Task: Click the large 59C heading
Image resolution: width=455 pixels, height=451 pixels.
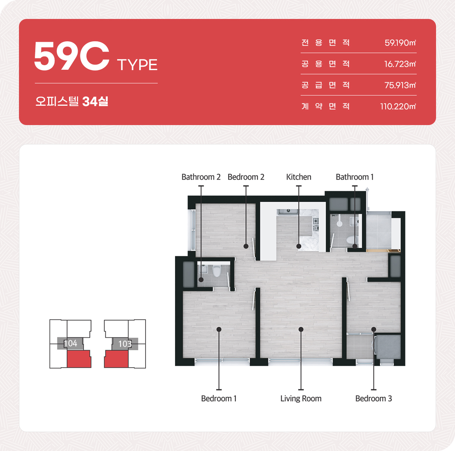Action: click(x=72, y=56)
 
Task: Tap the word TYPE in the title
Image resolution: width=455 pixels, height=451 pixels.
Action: click(x=137, y=65)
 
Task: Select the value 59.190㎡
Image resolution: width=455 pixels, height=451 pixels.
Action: click(x=400, y=43)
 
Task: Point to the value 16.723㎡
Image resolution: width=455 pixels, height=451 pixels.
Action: click(x=400, y=64)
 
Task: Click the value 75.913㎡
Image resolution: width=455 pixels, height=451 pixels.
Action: click(x=400, y=85)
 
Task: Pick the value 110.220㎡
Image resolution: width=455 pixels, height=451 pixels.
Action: click(x=398, y=106)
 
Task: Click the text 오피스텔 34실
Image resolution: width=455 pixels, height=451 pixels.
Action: click(x=72, y=101)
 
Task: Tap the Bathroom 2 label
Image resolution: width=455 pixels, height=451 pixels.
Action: click(x=201, y=177)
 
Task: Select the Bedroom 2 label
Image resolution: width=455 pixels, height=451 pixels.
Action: click(x=246, y=177)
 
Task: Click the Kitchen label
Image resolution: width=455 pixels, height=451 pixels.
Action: click(x=299, y=177)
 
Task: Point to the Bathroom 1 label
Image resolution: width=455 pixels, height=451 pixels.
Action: click(x=355, y=177)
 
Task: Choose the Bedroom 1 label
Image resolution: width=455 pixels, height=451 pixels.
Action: click(x=219, y=398)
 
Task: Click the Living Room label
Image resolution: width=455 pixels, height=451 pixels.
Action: click(x=301, y=399)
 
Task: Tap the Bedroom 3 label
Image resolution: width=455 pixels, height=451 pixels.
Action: click(x=373, y=398)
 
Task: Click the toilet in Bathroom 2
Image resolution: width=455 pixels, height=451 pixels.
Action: click(x=217, y=271)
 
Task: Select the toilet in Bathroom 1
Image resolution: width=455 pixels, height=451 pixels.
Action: click(x=352, y=240)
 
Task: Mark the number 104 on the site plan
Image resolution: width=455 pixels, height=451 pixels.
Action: click(x=71, y=343)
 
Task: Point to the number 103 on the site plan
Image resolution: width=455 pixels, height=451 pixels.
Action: click(x=125, y=344)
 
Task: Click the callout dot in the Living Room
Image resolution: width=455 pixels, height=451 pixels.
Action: click(x=301, y=329)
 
